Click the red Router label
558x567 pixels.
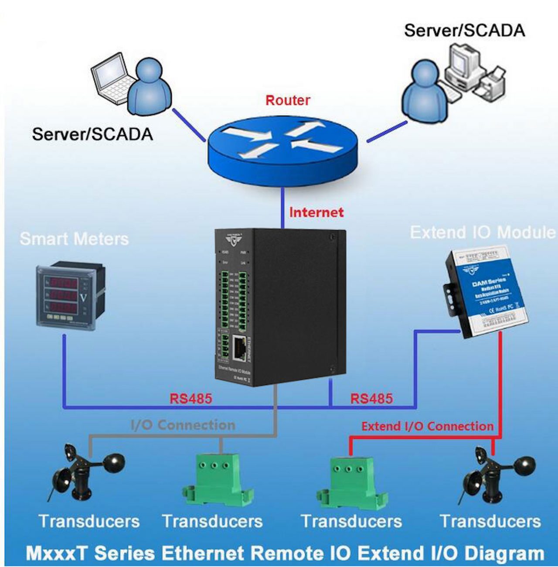click(288, 100)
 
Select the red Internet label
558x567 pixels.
click(316, 212)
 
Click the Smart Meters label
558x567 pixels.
click(74, 239)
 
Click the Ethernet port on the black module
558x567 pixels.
click(239, 348)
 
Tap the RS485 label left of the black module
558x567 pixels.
click(191, 399)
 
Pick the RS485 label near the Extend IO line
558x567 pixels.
click(371, 399)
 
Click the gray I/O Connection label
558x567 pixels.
click(183, 425)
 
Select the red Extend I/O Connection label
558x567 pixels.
click(427, 426)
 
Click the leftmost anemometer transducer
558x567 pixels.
click(85, 473)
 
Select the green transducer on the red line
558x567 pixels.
click(351, 480)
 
